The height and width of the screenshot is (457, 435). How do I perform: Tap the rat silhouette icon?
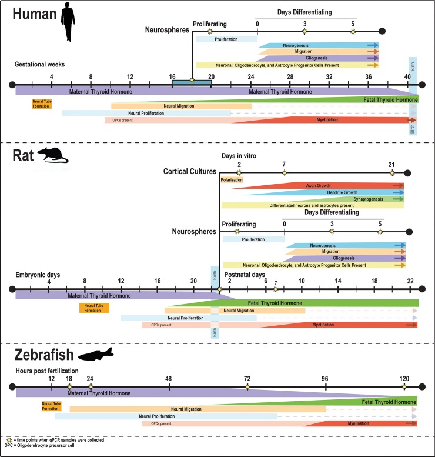53,156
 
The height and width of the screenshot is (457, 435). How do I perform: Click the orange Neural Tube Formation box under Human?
42,104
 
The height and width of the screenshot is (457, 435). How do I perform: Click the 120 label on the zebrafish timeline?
404,378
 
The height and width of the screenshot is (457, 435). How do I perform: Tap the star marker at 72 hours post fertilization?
247,386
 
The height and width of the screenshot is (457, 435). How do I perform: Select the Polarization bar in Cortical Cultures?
231,180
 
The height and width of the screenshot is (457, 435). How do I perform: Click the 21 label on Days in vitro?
392,164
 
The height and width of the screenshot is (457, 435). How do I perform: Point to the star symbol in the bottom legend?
8,440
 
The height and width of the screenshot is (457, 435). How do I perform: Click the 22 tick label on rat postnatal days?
410,281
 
